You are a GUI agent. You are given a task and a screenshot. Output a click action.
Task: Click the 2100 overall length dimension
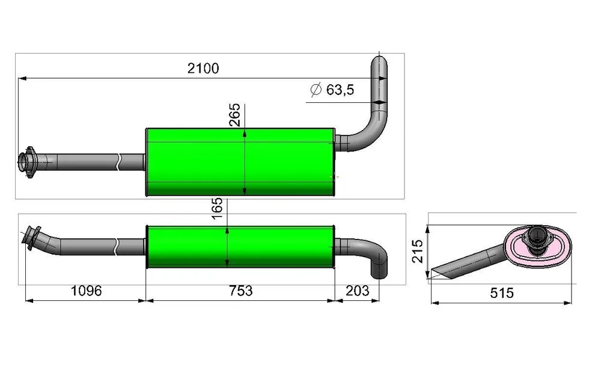coord(203,69)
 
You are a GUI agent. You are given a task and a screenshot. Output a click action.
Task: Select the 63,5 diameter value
coord(340,90)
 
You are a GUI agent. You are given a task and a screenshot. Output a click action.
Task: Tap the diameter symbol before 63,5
coord(316,90)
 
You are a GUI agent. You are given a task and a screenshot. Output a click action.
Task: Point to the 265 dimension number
coord(234,115)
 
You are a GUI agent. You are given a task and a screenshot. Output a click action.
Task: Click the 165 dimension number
coord(217,208)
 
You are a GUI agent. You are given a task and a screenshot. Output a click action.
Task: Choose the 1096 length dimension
coord(86,291)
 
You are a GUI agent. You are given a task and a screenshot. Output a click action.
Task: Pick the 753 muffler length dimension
coord(241,291)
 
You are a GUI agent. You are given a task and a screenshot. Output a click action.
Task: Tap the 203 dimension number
coord(357,291)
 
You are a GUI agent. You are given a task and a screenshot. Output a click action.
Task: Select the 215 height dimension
coord(418,251)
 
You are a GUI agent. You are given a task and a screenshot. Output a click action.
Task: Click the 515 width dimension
coord(502,293)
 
